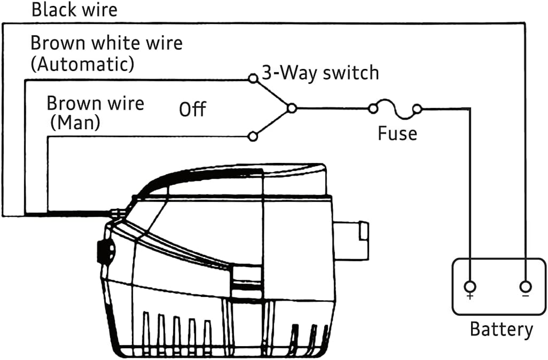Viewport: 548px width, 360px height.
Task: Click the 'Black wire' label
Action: pyautogui.click(x=74, y=10)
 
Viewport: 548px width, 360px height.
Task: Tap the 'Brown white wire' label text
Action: pyautogui.click(x=106, y=44)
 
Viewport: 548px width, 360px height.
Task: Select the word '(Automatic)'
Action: pyautogui.click(x=82, y=64)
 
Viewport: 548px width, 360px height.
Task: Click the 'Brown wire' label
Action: pyautogui.click(x=95, y=103)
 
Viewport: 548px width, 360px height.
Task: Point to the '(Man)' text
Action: pyautogui.click(x=75, y=123)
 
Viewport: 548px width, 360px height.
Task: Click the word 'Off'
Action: pyautogui.click(x=192, y=109)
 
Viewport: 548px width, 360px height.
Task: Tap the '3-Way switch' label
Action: pyautogui.click(x=320, y=73)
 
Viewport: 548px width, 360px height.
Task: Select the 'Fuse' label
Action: pyautogui.click(x=397, y=134)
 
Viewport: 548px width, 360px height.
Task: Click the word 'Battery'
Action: pyautogui.click(x=501, y=329)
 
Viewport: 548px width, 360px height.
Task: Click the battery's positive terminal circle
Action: pyautogui.click(x=470, y=286)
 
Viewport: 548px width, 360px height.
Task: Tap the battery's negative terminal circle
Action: pyautogui.click(x=525, y=286)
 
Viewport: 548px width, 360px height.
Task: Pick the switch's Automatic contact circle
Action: pyautogui.click(x=254, y=79)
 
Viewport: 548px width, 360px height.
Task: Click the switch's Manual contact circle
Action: pyautogui.click(x=254, y=135)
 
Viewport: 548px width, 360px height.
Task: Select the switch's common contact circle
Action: pyautogui.click(x=292, y=108)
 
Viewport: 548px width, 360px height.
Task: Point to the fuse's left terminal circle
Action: pyautogui.click(x=372, y=108)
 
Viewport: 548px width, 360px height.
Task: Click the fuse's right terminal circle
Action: pyautogui.click(x=417, y=108)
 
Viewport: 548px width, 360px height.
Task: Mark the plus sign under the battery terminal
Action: pyautogui.click(x=470, y=297)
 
